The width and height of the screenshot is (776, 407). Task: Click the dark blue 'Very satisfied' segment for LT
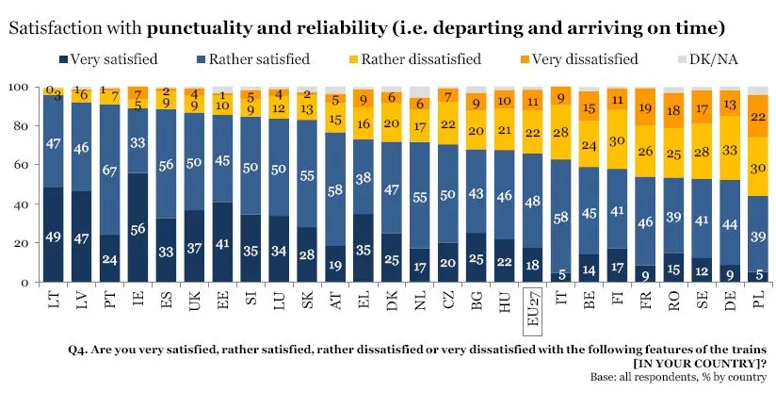pos(54,235)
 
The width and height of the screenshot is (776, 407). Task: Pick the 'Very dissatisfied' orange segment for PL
pos(756,116)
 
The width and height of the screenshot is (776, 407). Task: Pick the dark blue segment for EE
pos(222,242)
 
